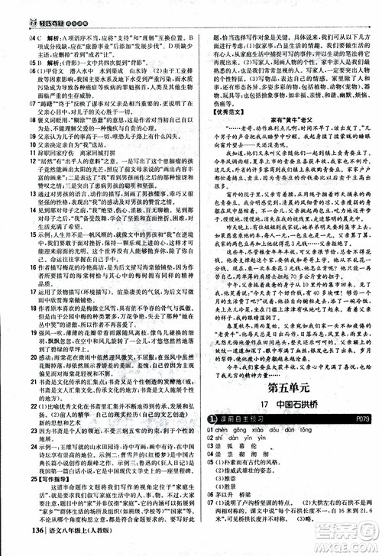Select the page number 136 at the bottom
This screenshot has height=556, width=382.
pyautogui.click(x=24, y=543)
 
